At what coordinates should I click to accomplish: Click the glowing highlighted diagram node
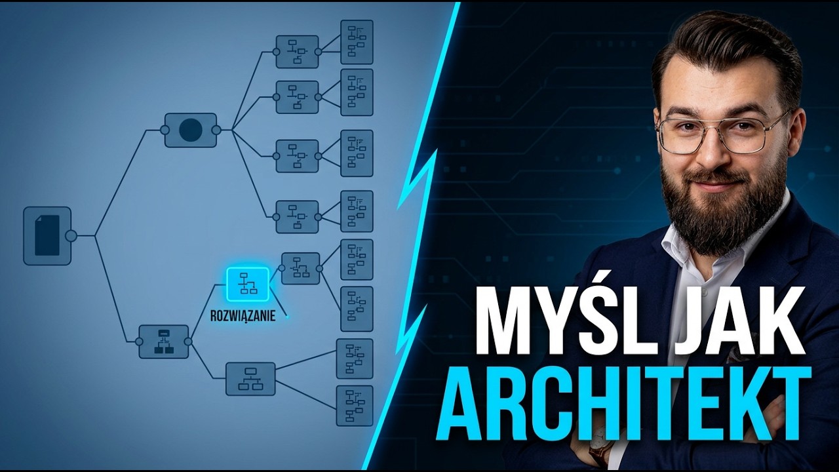[248, 284]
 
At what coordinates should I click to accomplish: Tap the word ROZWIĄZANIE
[243, 316]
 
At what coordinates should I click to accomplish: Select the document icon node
[47, 236]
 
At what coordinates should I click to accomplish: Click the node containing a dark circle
[191, 130]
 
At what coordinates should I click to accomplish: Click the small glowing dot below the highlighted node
[287, 317]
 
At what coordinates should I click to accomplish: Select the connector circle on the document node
[71, 236]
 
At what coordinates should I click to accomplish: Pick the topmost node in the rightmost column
[357, 42]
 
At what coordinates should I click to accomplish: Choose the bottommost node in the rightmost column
[355, 406]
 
